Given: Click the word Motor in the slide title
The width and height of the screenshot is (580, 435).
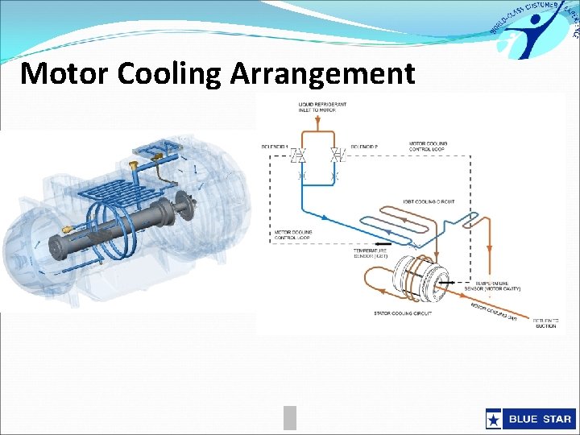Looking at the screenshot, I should coord(64,73).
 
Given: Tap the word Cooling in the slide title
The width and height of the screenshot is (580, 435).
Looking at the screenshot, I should coord(170,73).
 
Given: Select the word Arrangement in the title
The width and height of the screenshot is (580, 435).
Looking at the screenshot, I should coord(322,73).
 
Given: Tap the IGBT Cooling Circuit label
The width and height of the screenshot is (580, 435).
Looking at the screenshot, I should coord(432,201).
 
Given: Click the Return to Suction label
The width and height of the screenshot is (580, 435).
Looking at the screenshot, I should coord(545,323).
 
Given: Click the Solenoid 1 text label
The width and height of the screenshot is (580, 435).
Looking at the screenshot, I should coord(273,146).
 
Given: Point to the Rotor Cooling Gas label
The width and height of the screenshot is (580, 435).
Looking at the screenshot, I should coord(493,310).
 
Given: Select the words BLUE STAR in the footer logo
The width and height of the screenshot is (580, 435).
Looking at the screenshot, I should coord(539,419).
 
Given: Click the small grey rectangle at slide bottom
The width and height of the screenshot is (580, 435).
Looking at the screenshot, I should coord(290,417).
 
